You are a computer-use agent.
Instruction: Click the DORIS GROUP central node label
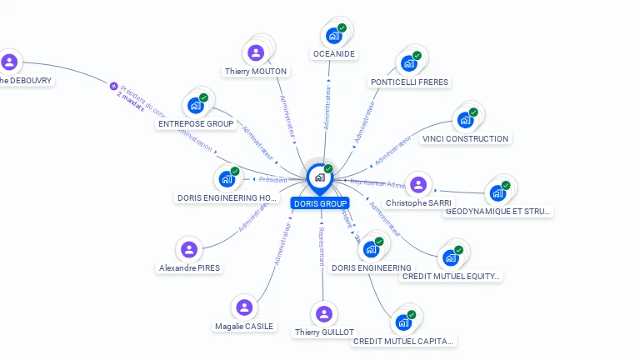pos(321,203)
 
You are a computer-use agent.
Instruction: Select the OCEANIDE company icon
pos(333,36)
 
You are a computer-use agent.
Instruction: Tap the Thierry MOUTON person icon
pos(256,53)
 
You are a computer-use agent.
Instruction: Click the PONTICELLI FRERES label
pos(409,82)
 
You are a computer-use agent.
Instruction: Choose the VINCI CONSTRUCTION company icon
pos(465,120)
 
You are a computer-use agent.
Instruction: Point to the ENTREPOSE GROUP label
pos(196,124)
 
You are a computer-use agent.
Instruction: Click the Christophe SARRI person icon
pos(418,185)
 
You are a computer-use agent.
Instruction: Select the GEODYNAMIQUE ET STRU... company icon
pos(497,192)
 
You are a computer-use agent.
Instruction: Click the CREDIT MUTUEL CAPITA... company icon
pos(403,322)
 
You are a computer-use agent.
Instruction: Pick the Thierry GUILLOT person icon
pos(324,314)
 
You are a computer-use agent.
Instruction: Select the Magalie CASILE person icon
pos(244,307)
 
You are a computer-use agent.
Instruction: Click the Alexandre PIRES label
pos(189,268)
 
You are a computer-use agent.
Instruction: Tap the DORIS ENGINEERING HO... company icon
pos(227,178)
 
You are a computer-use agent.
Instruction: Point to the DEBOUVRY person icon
pos(9,62)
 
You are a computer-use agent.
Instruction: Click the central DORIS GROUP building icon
pos(320,177)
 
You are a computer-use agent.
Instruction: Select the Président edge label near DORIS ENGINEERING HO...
pos(272,179)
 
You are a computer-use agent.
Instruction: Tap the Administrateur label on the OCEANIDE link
pos(328,106)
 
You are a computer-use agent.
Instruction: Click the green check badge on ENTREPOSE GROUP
pos(203,97)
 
